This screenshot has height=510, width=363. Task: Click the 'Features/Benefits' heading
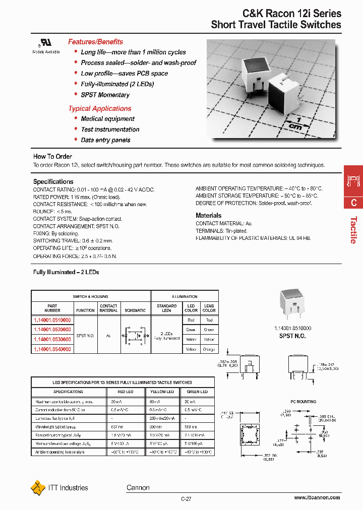95,42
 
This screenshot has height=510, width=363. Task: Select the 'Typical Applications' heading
100,108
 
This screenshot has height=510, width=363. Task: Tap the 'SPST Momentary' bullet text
105,95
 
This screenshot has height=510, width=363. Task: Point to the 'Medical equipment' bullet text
107,119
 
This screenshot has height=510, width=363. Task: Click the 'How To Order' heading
52,156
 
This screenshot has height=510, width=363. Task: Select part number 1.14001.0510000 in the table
52,320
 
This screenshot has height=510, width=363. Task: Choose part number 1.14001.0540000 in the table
52,349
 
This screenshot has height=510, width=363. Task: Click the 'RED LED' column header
125,392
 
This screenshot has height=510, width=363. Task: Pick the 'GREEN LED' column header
197,392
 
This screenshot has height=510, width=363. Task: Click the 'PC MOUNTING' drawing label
304,402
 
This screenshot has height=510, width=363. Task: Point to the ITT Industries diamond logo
38,488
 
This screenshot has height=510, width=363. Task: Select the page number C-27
186,499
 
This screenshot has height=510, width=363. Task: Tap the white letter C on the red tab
353,203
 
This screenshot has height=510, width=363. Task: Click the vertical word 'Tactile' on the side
353,230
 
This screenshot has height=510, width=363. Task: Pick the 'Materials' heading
208,215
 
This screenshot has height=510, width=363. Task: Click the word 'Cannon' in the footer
138,487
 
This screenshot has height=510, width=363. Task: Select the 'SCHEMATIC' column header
135,310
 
